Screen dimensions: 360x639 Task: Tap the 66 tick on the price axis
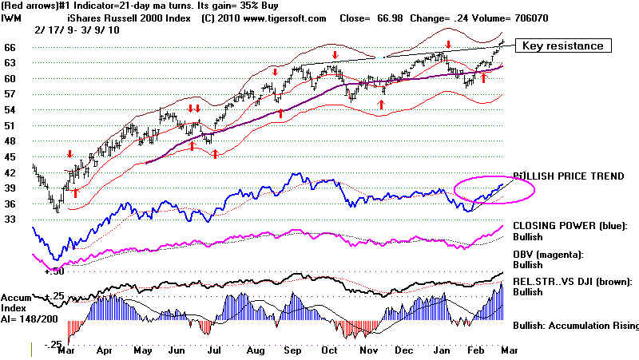pos(10,48)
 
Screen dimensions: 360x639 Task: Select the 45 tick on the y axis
pos(10,156)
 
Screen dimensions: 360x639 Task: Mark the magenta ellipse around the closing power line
pos(494,189)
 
